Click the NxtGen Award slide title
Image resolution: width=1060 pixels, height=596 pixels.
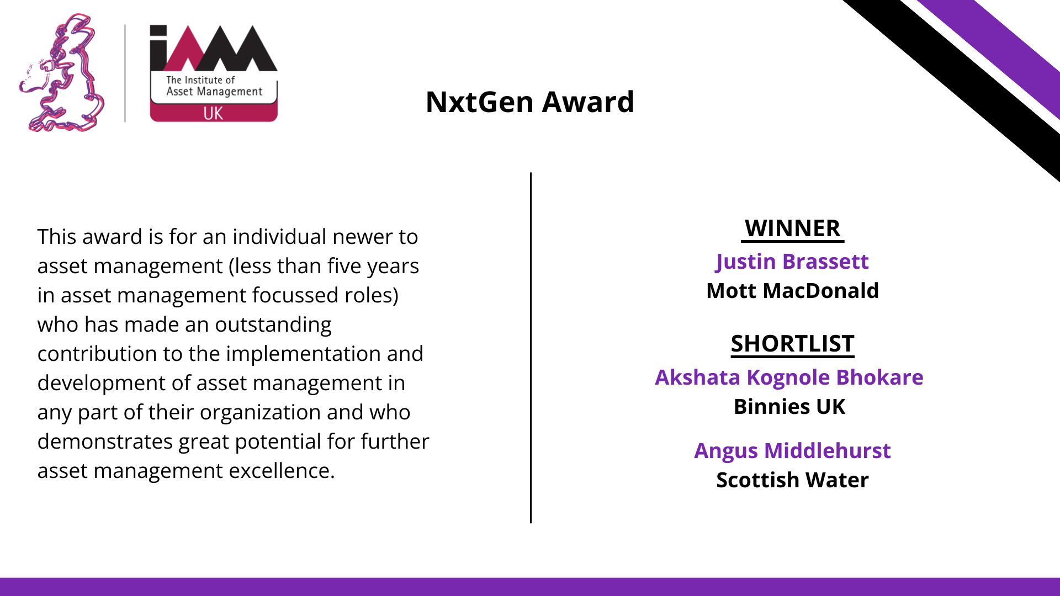[x=530, y=102]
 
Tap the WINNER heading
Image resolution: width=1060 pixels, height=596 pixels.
[x=792, y=228]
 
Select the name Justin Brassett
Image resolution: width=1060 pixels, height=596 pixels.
[x=792, y=262]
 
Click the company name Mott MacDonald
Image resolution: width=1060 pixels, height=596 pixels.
[x=792, y=291]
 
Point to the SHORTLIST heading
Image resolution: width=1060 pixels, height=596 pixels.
[x=792, y=344]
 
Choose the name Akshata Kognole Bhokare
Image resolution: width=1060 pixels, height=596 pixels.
[x=789, y=378]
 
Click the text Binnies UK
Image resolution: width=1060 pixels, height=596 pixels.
[x=789, y=407]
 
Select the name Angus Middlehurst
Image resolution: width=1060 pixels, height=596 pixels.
[x=792, y=451]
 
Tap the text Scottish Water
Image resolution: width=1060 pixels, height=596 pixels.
[x=792, y=480]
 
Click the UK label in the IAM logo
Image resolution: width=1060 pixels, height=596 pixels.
[x=213, y=114]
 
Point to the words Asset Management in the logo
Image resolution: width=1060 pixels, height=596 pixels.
[x=214, y=92]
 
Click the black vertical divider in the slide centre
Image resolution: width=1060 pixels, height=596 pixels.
[x=531, y=348]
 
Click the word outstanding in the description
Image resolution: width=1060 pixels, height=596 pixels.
[x=273, y=325]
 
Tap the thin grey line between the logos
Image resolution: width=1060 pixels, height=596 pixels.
[x=125, y=73]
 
